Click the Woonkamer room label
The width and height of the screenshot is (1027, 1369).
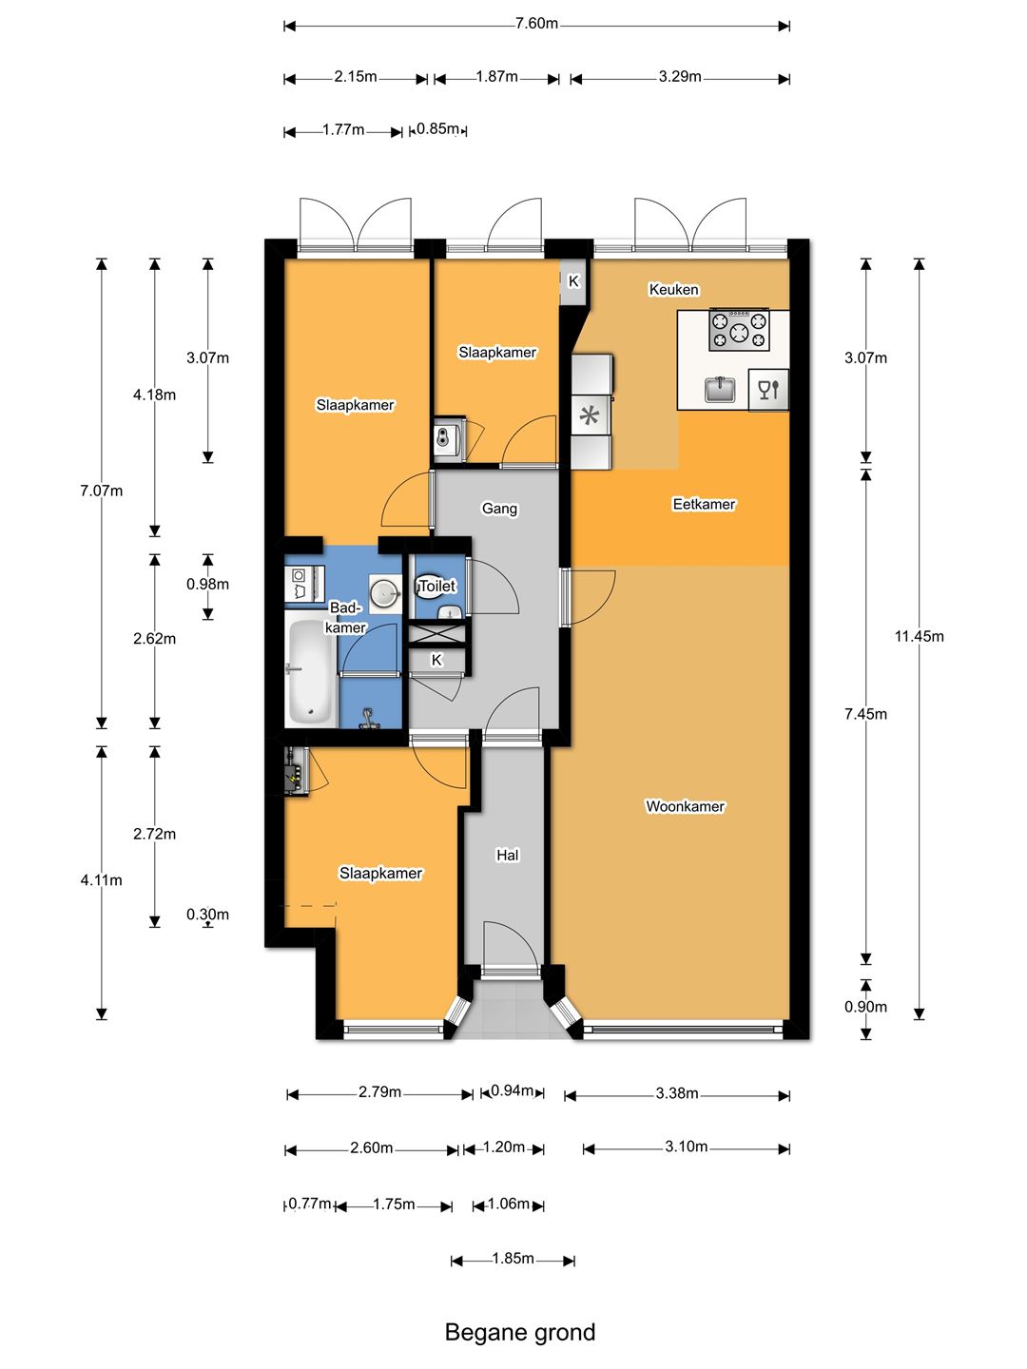click(685, 806)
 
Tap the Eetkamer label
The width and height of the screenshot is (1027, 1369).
click(704, 503)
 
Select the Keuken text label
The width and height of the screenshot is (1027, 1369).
click(673, 289)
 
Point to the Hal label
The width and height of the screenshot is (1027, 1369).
click(507, 855)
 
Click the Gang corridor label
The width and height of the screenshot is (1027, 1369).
click(499, 509)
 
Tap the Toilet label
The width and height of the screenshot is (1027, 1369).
click(437, 586)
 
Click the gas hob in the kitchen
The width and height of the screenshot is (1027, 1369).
click(739, 330)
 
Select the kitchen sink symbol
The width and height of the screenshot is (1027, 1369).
click(720, 389)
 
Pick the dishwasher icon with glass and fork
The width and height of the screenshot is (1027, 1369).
click(768, 390)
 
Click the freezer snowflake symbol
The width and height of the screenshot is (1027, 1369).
click(590, 415)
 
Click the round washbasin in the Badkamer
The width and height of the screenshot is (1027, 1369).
click(385, 590)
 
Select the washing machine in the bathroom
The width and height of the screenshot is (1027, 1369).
click(304, 583)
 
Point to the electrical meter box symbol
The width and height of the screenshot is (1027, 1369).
click(294, 771)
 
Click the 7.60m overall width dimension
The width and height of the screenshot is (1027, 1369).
click(536, 25)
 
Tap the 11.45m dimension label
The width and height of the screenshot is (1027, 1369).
click(920, 636)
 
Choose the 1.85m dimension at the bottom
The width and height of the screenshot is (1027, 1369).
click(513, 1258)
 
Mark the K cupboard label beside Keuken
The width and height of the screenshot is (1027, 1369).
click(573, 281)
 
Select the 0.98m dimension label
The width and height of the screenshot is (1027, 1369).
click(207, 584)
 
